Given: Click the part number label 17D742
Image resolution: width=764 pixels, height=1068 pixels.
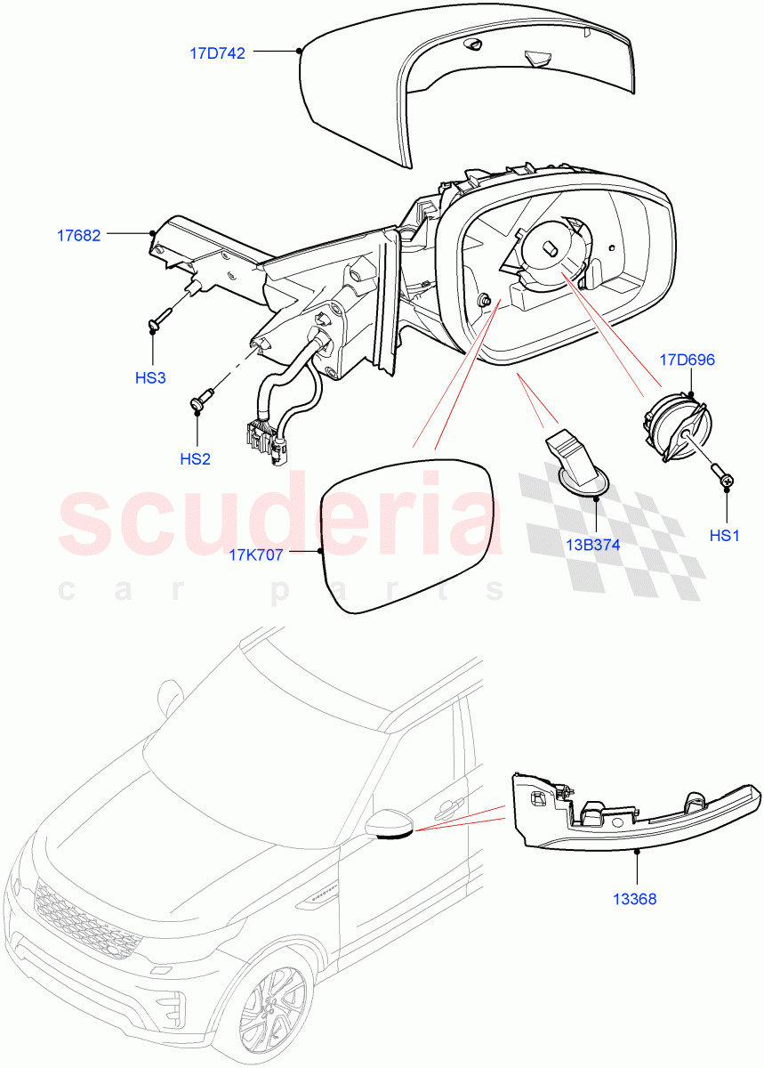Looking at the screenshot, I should [x=217, y=53].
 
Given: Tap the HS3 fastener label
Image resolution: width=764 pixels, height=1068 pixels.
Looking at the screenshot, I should [x=150, y=377].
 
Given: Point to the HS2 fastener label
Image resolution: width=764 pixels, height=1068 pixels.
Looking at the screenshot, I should [x=195, y=459].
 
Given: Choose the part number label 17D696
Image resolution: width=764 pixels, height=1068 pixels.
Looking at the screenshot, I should [x=687, y=360].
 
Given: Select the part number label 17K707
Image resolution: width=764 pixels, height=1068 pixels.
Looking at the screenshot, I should [x=256, y=555].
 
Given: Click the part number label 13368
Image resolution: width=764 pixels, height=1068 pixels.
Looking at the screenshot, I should [x=635, y=899].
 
